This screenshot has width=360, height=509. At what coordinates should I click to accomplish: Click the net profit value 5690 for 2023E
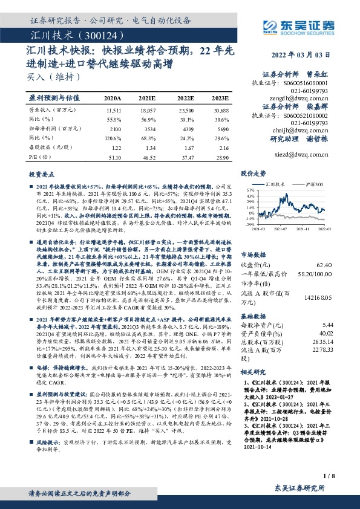221,129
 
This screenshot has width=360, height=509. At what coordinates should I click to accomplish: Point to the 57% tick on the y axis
247,189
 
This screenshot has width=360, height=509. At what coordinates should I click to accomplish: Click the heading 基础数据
255,316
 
